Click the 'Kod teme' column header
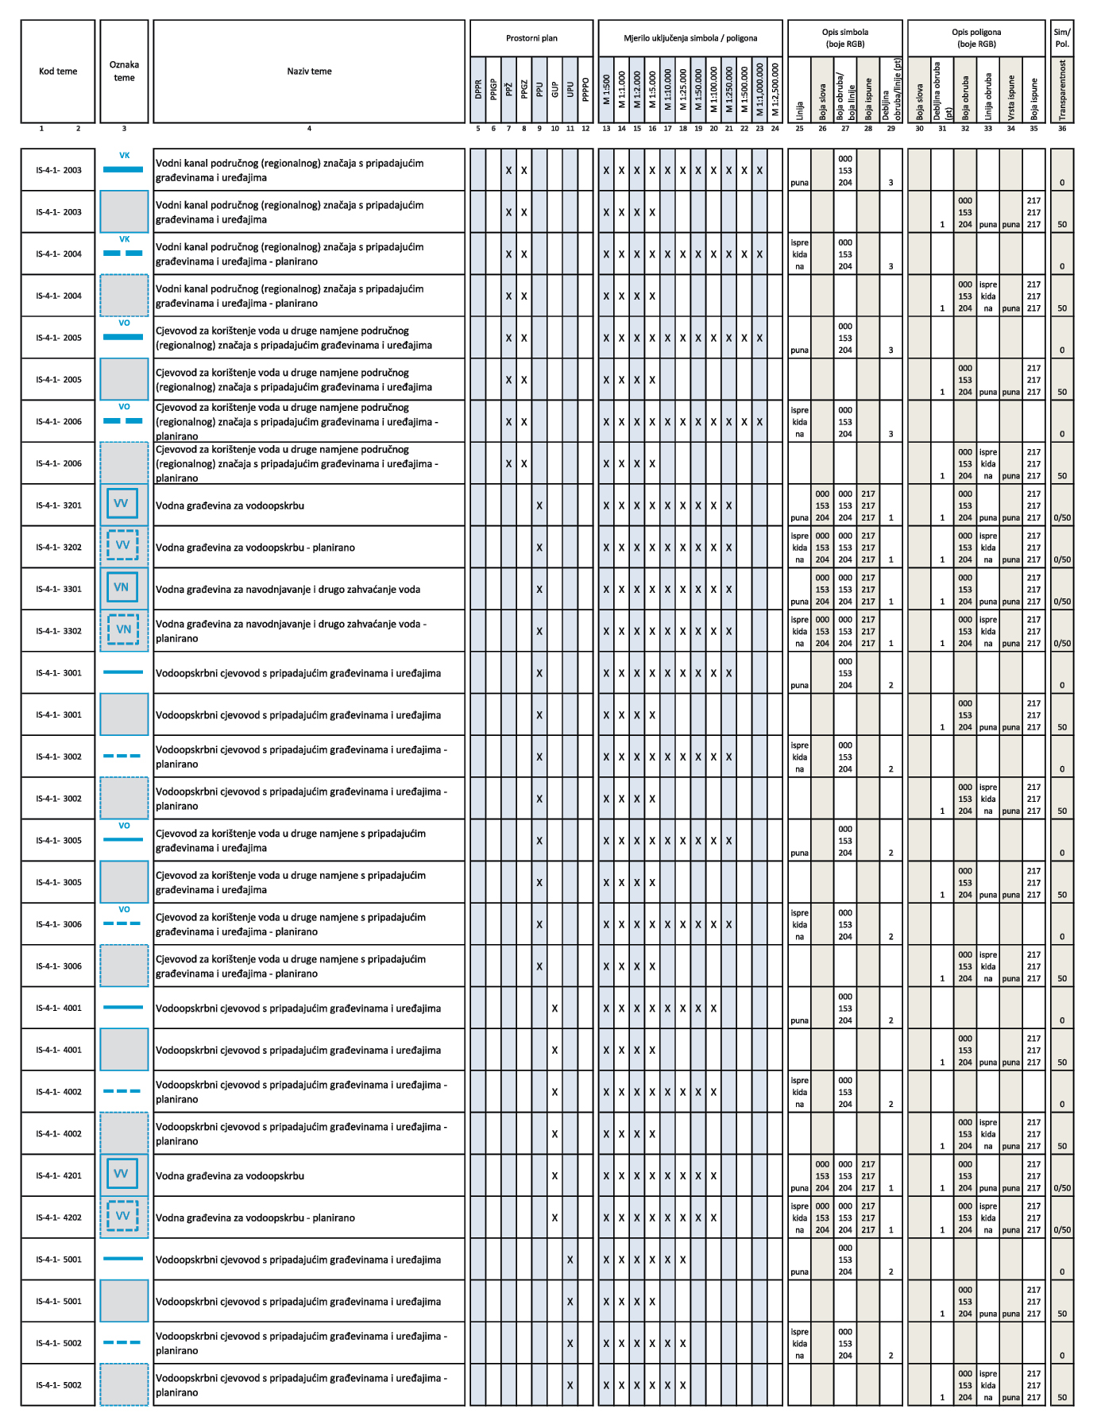pyautogui.click(x=58, y=72)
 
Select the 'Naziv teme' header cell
pyautogui.click(x=309, y=72)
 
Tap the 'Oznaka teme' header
pyautogui.click(x=124, y=72)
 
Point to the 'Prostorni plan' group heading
pyautogui.click(x=531, y=38)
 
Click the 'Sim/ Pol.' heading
pyautogui.click(x=1062, y=38)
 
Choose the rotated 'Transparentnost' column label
pyautogui.click(x=1062, y=91)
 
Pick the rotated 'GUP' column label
pyautogui.click(x=554, y=89)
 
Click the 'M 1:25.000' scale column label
pyautogui.click(x=683, y=89)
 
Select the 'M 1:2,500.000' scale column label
pyautogui.click(x=775, y=89)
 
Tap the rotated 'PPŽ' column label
pyautogui.click(x=508, y=89)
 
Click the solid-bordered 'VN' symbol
pyautogui.click(x=122, y=588)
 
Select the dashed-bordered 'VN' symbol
pyautogui.click(x=123, y=630)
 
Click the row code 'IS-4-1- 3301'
pyautogui.click(x=58, y=590)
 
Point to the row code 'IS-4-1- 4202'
pyautogui.click(x=58, y=1218)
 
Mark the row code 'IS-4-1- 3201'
pyautogui.click(x=58, y=505)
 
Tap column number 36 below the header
pyautogui.click(x=1062, y=129)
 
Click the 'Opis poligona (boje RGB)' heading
pyautogui.click(x=976, y=38)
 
